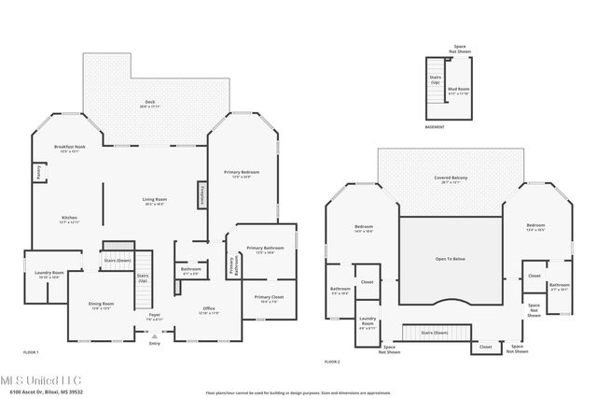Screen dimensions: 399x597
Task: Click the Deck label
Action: [x=150, y=104]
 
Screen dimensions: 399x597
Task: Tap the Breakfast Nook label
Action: [x=70, y=148]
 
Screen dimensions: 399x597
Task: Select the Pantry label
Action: [x=38, y=173]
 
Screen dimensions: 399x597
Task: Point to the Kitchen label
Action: [x=69, y=219]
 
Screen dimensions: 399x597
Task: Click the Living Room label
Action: [x=154, y=200]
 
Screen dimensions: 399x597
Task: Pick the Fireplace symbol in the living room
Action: [x=202, y=195]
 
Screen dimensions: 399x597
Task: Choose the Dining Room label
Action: [x=101, y=306]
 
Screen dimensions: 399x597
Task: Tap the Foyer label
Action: [x=155, y=317]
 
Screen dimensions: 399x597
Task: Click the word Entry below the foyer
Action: [x=155, y=344]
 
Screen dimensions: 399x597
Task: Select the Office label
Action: [x=209, y=310]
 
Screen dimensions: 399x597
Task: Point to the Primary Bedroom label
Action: [x=241, y=174]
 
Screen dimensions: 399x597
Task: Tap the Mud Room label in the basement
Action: [x=459, y=92]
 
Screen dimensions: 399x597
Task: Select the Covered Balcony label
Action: [x=450, y=179]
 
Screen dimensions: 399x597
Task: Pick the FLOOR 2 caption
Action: [x=332, y=362]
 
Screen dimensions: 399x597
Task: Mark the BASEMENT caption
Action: [x=435, y=127]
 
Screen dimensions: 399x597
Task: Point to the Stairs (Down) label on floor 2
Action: [x=435, y=332]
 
